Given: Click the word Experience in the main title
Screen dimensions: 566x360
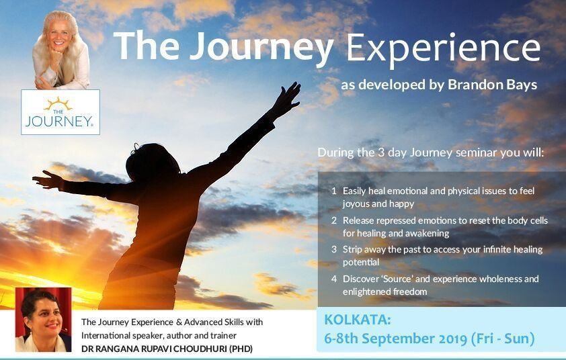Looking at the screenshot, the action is pos(443,48).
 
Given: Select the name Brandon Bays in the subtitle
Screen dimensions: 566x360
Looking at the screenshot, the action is pos(492,85).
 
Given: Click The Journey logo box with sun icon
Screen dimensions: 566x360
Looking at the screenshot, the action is pos(60,112).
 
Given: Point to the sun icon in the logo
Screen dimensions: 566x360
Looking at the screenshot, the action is pos(58,103).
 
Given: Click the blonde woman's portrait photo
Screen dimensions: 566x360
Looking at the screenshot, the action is pos(60,50).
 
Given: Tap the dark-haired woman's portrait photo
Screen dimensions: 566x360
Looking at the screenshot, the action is pos(43,320).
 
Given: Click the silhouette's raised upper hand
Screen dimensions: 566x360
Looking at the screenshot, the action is pos(288,97).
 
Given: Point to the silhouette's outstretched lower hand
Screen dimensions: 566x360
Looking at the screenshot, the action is pos(46,179).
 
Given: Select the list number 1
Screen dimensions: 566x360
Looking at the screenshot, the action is pos(334,191).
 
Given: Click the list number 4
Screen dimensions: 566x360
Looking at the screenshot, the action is pos(334,279).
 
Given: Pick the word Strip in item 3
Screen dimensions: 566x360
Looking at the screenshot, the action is pos(352,250).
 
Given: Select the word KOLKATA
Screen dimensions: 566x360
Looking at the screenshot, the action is pos(358,320).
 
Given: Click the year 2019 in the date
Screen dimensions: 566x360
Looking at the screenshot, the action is pos(454,339).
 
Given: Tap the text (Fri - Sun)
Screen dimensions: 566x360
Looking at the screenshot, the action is pos(503,339).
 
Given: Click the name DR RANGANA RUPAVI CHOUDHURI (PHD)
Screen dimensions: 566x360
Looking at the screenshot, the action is pos(167,349).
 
